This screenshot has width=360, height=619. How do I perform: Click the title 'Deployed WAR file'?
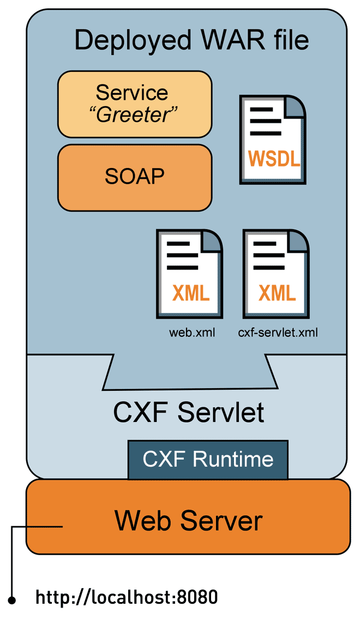click(x=191, y=40)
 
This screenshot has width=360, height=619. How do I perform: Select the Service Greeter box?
click(x=134, y=104)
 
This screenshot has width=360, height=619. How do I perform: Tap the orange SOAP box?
click(x=134, y=176)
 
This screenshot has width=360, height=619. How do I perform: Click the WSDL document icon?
click(x=273, y=139)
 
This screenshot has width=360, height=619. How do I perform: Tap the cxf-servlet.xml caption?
click(x=278, y=332)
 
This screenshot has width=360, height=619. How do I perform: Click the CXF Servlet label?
click(x=189, y=413)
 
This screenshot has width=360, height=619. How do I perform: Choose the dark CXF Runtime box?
click(x=208, y=460)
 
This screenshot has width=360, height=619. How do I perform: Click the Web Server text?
click(x=188, y=520)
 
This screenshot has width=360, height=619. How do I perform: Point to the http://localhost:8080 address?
click(x=127, y=597)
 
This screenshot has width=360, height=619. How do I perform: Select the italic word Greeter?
click(x=135, y=115)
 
